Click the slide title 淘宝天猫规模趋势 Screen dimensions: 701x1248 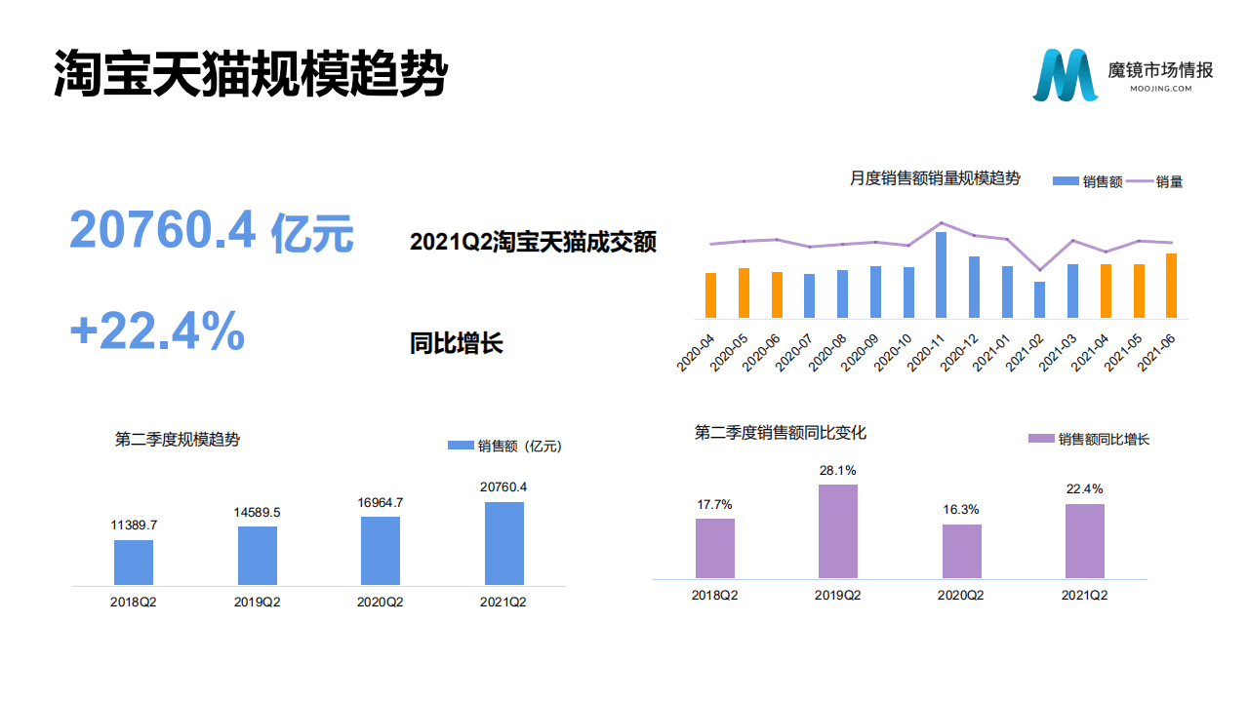click(250, 73)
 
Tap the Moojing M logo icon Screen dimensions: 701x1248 click(1065, 74)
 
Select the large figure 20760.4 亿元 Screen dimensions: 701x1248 click(211, 232)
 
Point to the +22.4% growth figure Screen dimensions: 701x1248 click(157, 332)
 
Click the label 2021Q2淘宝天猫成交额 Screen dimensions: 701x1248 click(533, 242)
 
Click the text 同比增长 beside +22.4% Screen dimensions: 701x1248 click(456, 343)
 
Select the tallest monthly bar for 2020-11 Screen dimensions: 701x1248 click(941, 275)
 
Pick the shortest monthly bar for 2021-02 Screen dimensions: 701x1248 click(1039, 300)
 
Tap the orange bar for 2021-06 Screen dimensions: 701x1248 click(1171, 286)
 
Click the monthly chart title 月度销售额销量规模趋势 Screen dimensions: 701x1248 click(934, 178)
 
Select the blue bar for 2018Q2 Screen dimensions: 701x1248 click(134, 562)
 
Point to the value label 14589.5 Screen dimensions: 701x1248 click(257, 512)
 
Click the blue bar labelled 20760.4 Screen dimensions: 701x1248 click(503, 543)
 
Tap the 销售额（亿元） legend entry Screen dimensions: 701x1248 click(504, 446)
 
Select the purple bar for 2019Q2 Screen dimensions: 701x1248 click(837, 531)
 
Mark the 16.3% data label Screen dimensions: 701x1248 click(961, 510)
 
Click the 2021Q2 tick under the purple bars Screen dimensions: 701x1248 click(1084, 595)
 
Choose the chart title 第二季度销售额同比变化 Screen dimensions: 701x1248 click(780, 432)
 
